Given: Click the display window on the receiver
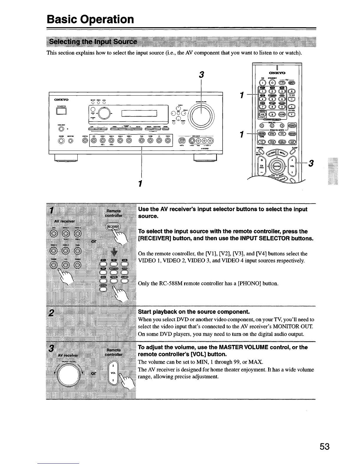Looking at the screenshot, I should click(x=140, y=113).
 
